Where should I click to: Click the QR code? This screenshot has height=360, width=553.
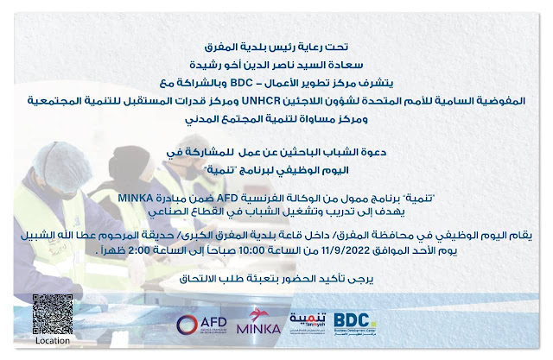point(53,314)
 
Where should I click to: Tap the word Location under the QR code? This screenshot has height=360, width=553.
point(53,341)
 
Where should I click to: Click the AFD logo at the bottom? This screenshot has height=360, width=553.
point(201,324)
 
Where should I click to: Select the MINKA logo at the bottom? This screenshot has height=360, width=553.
point(258,321)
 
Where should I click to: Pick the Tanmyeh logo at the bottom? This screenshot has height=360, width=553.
point(308,319)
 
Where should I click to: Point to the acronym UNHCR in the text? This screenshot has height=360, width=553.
point(261,101)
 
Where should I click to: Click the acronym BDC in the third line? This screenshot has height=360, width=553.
point(242,83)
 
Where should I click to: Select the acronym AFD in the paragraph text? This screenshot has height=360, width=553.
point(227,198)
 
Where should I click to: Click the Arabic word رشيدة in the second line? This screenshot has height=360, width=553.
point(204,65)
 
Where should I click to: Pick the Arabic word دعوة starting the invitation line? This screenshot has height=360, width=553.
point(374,152)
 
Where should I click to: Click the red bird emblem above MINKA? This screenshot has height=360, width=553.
point(258,314)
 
